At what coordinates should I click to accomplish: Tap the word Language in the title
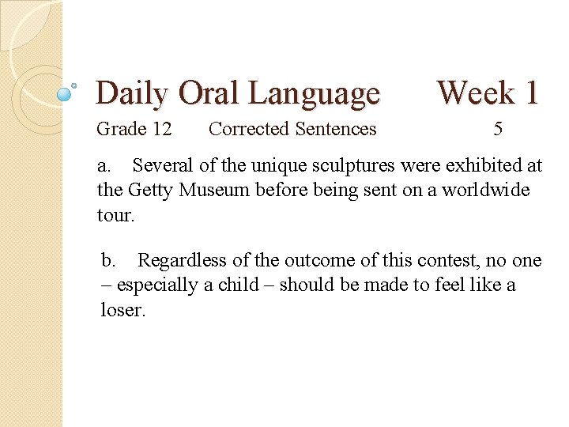pos(314,94)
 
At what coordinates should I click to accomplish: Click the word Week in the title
pos(476,93)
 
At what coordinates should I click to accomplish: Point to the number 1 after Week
pos(530,93)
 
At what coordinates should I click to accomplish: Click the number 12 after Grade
pos(161,129)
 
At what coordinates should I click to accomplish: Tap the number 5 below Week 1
pos(498,129)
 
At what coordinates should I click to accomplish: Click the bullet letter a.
pos(104,166)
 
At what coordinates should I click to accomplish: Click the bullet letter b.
pos(109,261)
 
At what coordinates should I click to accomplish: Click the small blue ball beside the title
pos(66,94)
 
